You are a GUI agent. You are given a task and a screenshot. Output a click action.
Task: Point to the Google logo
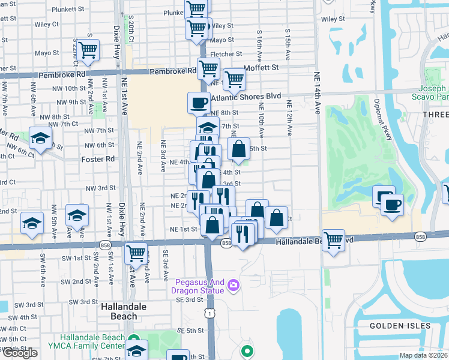(x=19, y=353)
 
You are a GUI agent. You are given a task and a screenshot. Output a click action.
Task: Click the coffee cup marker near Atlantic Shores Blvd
(x=199, y=102)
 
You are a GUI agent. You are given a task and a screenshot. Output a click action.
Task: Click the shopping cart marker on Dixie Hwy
(x=136, y=253)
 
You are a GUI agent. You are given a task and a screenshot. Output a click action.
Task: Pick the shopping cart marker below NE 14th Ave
(x=333, y=240)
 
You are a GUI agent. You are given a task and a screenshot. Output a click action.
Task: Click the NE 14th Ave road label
(x=317, y=93)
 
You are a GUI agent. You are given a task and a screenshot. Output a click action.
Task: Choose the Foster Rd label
(x=97, y=160)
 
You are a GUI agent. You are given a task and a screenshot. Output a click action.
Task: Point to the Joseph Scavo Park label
(x=430, y=91)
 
